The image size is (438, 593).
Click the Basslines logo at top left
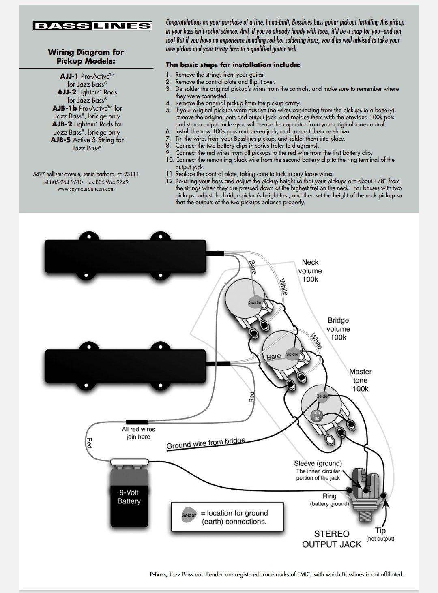pos(92,26)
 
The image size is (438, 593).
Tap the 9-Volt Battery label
pos(129,497)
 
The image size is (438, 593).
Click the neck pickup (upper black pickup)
pos(126,257)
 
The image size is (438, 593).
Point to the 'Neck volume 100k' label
pos(310,271)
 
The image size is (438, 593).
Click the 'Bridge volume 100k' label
pos(338,329)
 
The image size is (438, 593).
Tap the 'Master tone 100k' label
pos(360,380)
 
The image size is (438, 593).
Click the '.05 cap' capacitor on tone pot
pos(316,415)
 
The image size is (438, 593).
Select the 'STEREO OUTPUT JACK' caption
pos(331,539)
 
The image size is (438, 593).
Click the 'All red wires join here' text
pos(138,433)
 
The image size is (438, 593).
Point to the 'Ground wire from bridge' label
pos(206,443)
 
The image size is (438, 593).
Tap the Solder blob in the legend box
pos(189,515)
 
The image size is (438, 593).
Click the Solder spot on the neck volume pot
pos(255,302)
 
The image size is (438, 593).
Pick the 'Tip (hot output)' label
pos(380,534)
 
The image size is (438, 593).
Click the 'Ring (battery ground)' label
pos(329,499)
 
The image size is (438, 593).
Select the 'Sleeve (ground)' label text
pos(318,463)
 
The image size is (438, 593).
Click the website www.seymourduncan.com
pos(86,188)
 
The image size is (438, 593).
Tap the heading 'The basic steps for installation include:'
pos(233,65)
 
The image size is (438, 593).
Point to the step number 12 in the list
pos(170,181)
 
